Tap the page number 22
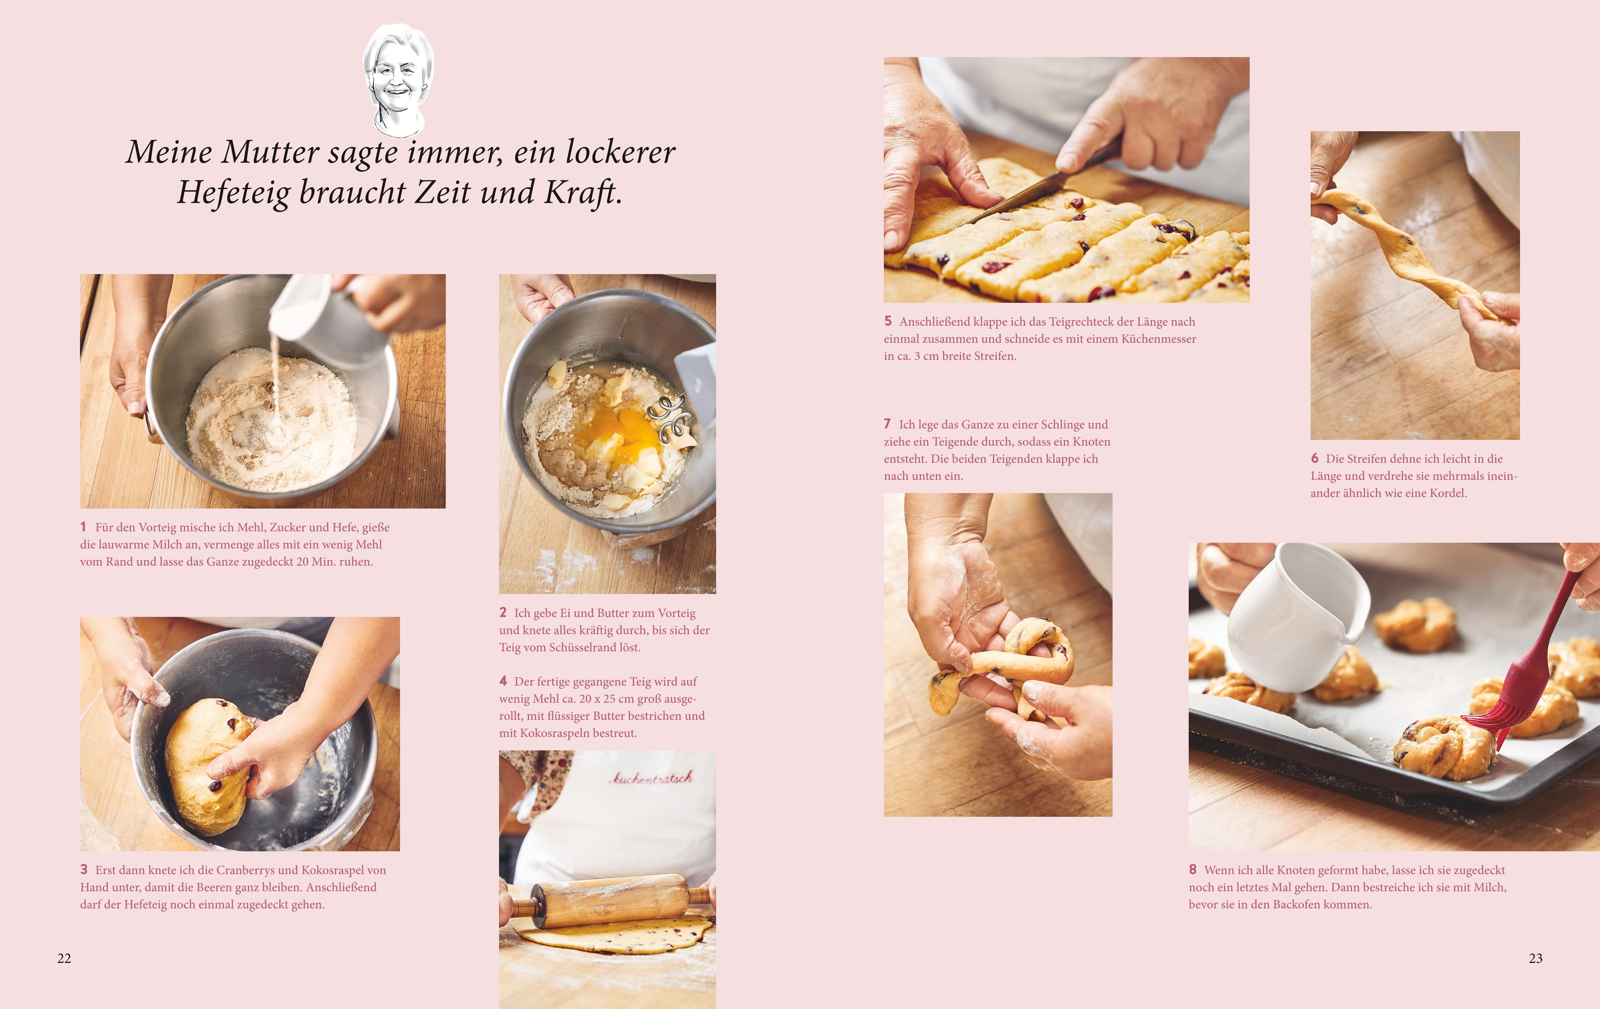[x=64, y=958]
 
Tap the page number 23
[x=1535, y=958]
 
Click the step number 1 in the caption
[x=83, y=527]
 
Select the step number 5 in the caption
[x=888, y=321]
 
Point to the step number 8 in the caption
[x=1193, y=869]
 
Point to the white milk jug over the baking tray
[x=1292, y=614]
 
